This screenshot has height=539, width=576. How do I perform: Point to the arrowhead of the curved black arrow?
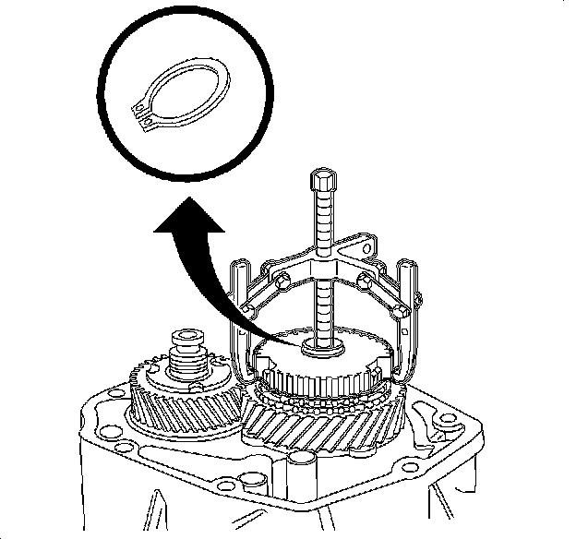186,216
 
